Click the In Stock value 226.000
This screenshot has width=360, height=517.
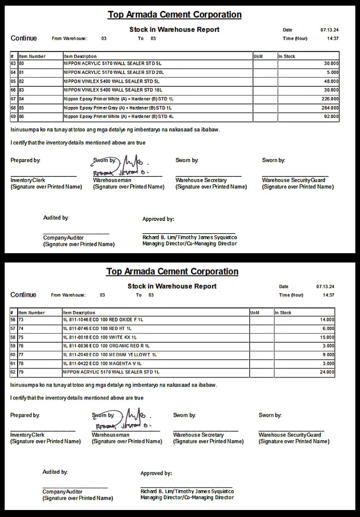pos(330,99)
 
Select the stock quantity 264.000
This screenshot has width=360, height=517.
pos(330,108)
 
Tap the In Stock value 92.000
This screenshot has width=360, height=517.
pos(331,117)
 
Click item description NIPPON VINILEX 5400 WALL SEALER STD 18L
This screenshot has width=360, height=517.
pos(113,90)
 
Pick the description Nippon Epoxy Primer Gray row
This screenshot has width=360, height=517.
pos(118,108)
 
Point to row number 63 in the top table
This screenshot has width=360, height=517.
pos(13,63)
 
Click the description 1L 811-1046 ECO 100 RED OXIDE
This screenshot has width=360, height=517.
pos(103,320)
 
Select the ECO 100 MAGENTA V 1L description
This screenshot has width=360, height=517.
pos(102,364)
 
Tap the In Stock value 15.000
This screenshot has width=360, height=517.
pos(327,337)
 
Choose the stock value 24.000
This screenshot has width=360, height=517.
pos(327,372)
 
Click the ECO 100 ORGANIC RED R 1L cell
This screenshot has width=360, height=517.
pos(106,346)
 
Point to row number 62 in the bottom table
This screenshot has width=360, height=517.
pos(13,372)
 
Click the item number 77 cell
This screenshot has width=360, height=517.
pos(21,355)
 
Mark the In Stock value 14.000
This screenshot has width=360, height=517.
pos(327,320)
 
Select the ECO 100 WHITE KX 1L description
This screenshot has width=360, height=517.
pos(100,337)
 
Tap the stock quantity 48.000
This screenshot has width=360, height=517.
pos(331,81)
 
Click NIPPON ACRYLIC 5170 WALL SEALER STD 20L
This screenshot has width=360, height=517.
pos(114,72)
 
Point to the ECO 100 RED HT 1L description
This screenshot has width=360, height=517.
pos(97,329)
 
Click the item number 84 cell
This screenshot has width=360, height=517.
pos(21,99)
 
